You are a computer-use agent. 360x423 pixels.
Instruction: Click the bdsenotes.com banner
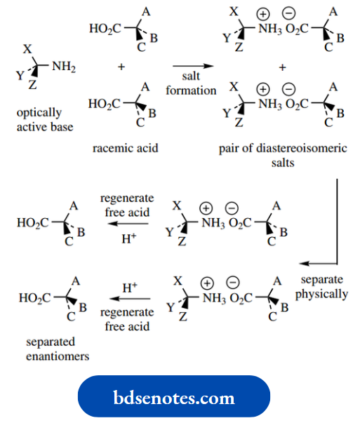173,398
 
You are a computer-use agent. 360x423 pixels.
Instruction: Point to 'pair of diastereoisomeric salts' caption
282,155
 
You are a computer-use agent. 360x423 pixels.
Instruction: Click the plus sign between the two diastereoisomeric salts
283,67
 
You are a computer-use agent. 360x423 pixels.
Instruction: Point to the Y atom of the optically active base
19,75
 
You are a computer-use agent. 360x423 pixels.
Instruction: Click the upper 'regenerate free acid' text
127,205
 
